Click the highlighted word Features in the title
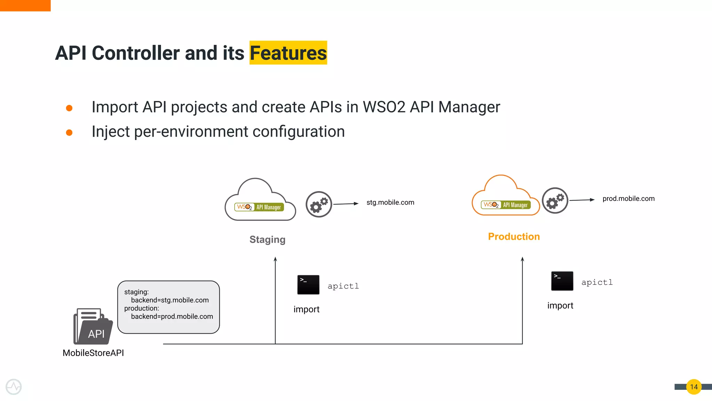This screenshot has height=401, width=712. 288,53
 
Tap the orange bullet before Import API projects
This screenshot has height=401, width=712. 69,108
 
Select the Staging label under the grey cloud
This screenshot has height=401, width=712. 267,239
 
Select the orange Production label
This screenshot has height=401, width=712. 513,236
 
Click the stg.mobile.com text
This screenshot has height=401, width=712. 390,202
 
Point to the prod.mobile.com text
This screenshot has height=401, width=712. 628,198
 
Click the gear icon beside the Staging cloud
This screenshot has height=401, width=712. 319,204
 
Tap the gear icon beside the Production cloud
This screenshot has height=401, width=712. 555,200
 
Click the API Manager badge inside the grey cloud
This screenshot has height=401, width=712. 259,207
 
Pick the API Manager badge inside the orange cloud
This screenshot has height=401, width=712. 506,205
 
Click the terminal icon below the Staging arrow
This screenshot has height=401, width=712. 308,285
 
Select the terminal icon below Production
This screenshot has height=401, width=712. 562,281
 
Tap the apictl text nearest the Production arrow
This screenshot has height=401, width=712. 597,282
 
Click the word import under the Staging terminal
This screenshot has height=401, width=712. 306,309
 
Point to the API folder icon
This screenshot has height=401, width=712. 93,327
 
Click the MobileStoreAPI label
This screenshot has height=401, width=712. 93,353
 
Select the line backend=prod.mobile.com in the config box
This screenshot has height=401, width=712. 172,316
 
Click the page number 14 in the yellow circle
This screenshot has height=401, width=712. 694,387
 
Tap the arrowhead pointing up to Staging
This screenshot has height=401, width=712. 275,259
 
